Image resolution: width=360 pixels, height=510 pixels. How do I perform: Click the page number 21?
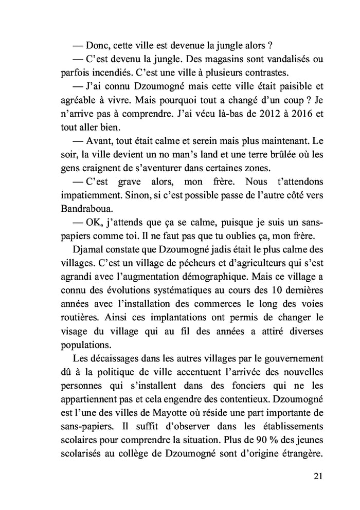click(318, 476)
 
